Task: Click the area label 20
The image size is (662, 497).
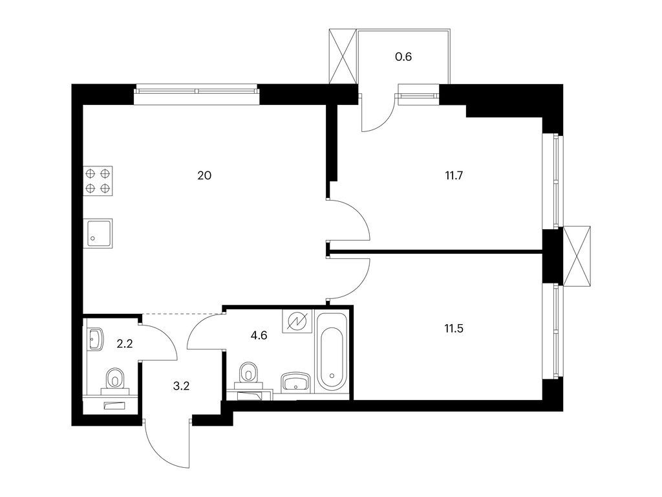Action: tap(204, 175)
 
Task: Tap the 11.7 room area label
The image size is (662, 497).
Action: tap(454, 175)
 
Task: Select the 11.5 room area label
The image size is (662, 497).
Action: tap(454, 328)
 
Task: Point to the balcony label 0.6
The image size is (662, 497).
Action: tap(403, 57)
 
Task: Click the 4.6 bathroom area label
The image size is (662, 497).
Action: tap(259, 336)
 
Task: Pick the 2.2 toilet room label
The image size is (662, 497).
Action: tap(125, 344)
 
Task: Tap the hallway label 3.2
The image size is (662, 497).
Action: tap(181, 386)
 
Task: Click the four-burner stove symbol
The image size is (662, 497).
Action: tap(98, 181)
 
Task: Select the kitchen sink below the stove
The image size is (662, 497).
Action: tap(98, 233)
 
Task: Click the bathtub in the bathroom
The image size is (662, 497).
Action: tap(332, 352)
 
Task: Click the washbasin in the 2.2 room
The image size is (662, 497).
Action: tap(96, 339)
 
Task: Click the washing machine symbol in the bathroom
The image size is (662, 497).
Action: tap(297, 322)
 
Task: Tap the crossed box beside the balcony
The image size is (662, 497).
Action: tap(343, 57)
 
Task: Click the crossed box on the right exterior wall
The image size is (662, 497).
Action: tap(577, 256)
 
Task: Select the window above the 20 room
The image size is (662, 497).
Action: tap(197, 94)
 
